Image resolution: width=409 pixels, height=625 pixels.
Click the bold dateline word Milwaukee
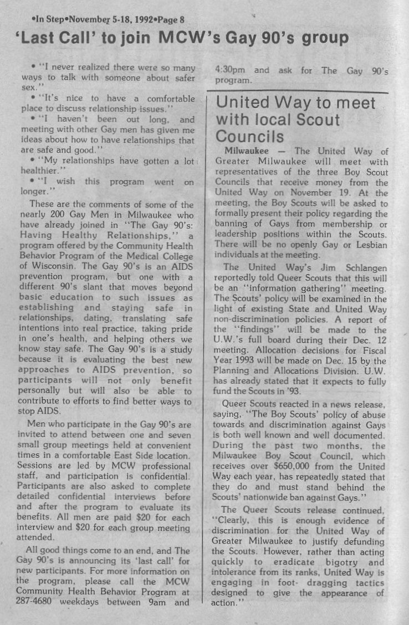pyautogui.click(x=246, y=151)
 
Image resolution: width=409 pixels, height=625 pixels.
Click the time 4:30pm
pyautogui.click(x=230, y=70)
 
